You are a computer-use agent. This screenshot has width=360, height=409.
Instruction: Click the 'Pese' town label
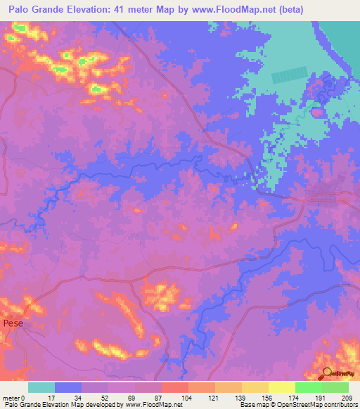tap(13, 323)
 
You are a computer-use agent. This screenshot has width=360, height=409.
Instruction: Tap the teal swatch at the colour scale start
tap(41, 387)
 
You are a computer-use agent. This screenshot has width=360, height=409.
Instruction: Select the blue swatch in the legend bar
tap(67, 387)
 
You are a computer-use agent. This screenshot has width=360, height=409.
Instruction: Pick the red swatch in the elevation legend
tap(174, 387)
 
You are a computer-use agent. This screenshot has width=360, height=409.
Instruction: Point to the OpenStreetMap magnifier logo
tap(327, 375)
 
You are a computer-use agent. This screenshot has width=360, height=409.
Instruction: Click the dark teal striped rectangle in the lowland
tap(289, 75)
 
